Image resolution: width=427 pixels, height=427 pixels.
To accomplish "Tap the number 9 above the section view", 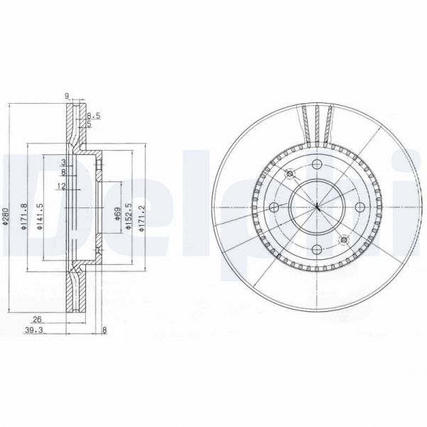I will click(x=66, y=95).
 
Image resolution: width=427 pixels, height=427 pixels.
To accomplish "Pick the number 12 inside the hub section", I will click(x=62, y=186).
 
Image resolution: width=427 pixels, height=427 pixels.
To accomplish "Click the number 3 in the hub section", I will click(x=63, y=162).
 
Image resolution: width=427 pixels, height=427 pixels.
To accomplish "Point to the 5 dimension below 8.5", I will click(x=89, y=124).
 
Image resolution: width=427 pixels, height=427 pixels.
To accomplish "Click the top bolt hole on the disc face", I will click(x=316, y=165).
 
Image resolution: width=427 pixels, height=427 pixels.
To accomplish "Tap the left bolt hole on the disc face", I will click(x=274, y=207).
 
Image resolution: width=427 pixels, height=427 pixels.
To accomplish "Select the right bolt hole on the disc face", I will click(x=358, y=207).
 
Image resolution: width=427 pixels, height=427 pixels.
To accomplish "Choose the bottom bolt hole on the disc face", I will click(x=316, y=249).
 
